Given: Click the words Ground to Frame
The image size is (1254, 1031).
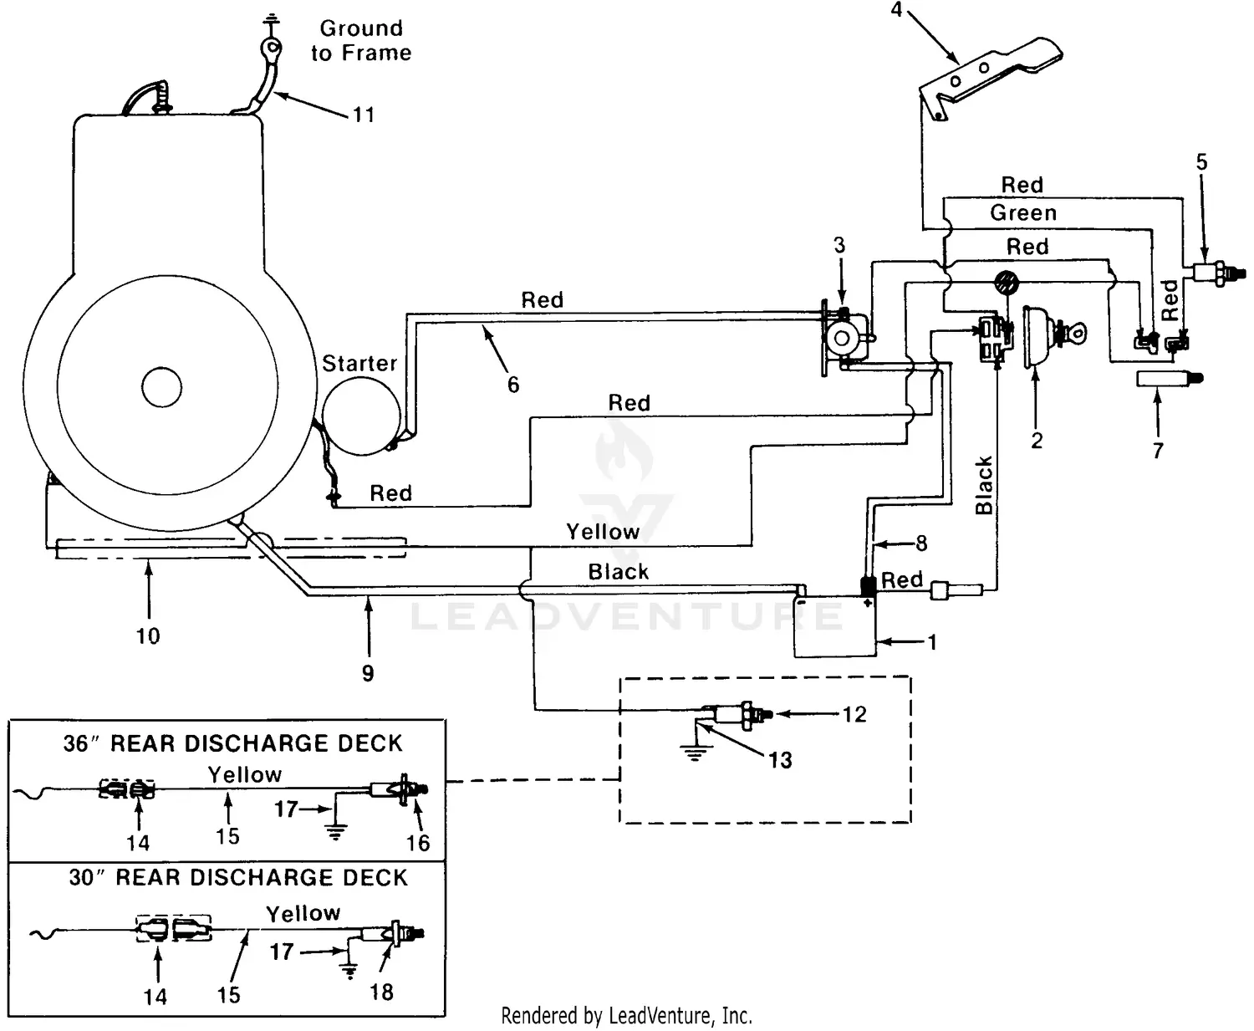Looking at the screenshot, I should click(361, 40).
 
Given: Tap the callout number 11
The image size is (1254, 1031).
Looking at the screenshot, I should click(363, 115).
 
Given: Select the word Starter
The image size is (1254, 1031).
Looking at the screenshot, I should click(359, 364).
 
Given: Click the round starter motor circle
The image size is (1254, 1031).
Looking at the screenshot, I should click(362, 416).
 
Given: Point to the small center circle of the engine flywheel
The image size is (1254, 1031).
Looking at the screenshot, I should click(161, 386).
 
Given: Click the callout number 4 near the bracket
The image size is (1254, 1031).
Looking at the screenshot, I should click(897, 11).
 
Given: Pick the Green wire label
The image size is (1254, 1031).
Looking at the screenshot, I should click(1023, 213).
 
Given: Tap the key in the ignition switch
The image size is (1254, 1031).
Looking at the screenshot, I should click(1074, 334).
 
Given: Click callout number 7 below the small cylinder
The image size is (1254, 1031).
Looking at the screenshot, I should click(1158, 451).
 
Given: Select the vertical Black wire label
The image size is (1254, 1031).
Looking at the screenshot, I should click(984, 485).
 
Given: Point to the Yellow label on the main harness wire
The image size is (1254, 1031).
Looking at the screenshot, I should click(602, 532).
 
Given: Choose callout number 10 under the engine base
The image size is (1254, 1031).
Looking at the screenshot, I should click(148, 636).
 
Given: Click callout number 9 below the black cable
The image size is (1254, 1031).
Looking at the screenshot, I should click(368, 674).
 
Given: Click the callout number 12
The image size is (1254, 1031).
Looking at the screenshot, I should click(854, 715).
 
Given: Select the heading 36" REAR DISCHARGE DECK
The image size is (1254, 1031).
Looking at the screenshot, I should click(233, 743).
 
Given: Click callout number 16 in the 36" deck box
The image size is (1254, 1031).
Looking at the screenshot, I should click(418, 843).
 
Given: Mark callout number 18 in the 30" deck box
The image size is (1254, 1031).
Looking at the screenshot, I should click(381, 993).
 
